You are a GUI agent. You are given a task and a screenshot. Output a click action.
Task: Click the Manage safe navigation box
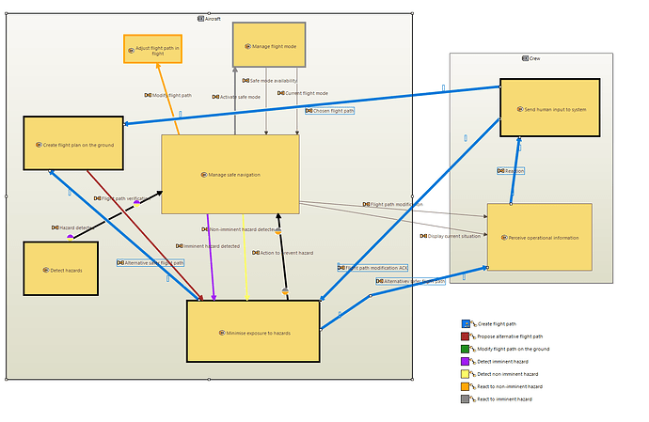pyautogui.click(x=230, y=174)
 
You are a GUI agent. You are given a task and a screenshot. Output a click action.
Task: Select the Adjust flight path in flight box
pyautogui.click(x=152, y=49)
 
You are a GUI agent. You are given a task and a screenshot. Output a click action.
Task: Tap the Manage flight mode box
pyautogui.click(x=269, y=45)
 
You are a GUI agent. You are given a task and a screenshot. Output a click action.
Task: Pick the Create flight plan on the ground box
pyautogui.click(x=73, y=144)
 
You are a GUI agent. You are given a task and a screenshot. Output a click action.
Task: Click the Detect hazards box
pyautogui.click(x=60, y=269)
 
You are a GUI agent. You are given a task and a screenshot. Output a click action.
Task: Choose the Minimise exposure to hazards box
pyautogui.click(x=253, y=331)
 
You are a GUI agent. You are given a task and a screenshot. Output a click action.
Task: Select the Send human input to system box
pyautogui.click(x=549, y=108)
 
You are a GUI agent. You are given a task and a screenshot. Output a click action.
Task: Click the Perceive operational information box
pyautogui.click(x=539, y=237)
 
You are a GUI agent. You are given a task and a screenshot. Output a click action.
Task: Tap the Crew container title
pyautogui.click(x=531, y=58)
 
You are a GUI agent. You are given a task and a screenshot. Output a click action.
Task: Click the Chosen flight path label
pyautogui.click(x=329, y=111)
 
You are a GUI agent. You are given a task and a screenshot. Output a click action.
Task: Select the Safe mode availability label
pyautogui.click(x=274, y=81)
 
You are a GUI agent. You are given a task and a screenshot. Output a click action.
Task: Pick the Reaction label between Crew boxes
pyautogui.click(x=511, y=171)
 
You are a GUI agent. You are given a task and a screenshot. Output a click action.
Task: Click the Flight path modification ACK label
pyautogui.click(x=372, y=268)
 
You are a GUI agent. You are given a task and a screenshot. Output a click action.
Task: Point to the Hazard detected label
pyautogui.click(x=71, y=227)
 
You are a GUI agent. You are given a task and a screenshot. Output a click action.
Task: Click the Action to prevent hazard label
pyautogui.click(x=282, y=253)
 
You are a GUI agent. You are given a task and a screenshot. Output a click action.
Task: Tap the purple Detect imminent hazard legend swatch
pyautogui.click(x=465, y=361)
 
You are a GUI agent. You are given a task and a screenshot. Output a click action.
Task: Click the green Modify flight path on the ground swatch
pyautogui.click(x=465, y=349)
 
